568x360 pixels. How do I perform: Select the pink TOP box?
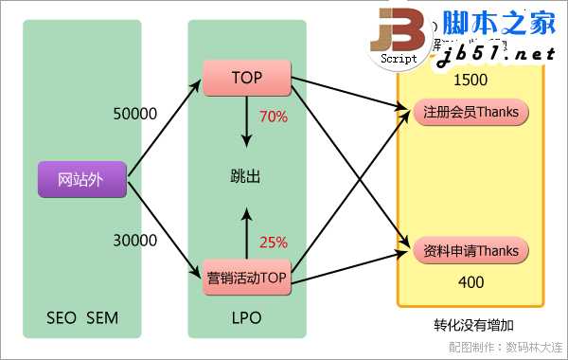pyautogui.click(x=246, y=78)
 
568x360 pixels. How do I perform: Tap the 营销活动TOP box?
pyautogui.click(x=246, y=278)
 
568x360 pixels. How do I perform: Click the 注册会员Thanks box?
pyautogui.click(x=471, y=112)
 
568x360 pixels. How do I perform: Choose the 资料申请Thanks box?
pyautogui.click(x=471, y=251)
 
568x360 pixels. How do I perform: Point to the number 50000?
pyautogui.click(x=134, y=113)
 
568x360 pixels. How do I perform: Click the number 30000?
pyautogui.click(x=134, y=241)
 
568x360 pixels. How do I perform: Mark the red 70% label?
pyautogui.click(x=274, y=117)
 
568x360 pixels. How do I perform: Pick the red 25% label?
pyautogui.click(x=274, y=242)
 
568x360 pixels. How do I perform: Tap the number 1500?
pyautogui.click(x=470, y=80)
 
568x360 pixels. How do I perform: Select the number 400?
pyautogui.click(x=470, y=282)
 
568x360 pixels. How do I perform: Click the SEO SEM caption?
pyautogui.click(x=82, y=317)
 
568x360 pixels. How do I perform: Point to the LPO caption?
pyautogui.click(x=245, y=317)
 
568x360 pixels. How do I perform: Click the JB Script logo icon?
pyautogui.click(x=399, y=38)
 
